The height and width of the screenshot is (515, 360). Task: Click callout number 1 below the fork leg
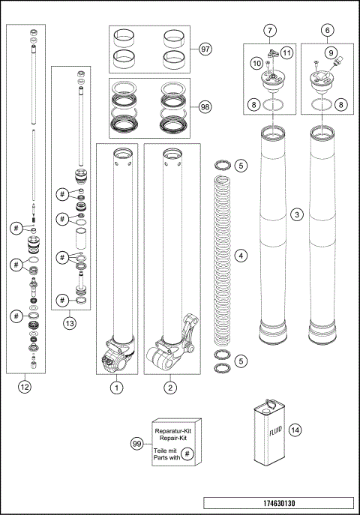click(x=116, y=388)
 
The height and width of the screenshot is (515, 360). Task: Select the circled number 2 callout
click(x=172, y=388)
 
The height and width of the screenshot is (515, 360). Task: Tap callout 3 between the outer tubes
click(x=298, y=216)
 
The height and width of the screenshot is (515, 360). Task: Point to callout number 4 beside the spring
click(x=241, y=256)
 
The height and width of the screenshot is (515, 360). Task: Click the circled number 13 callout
click(x=69, y=325)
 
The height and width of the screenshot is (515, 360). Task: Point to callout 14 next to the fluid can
click(x=295, y=430)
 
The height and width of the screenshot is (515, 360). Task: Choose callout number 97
click(x=205, y=49)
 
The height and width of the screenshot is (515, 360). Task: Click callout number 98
click(x=205, y=106)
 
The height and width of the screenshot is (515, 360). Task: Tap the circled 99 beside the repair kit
click(x=137, y=444)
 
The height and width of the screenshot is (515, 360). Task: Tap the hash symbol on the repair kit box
click(x=188, y=454)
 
